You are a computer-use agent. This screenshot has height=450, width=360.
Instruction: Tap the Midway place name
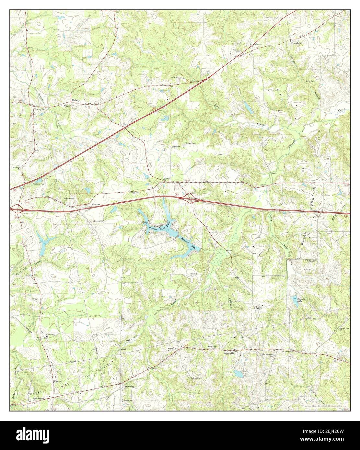[76, 101]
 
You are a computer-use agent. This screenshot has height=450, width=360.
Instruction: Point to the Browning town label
[128, 387]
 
